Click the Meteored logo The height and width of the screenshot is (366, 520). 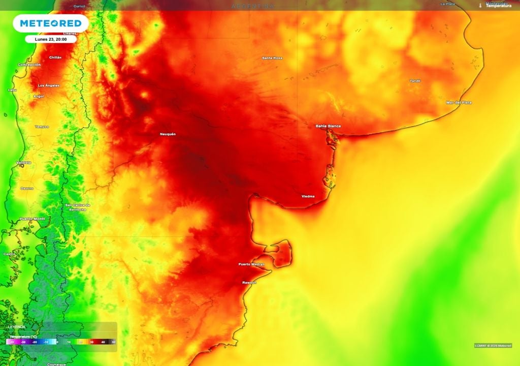(50, 23)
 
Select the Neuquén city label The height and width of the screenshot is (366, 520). (168, 134)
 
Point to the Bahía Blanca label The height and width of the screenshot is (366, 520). (328, 126)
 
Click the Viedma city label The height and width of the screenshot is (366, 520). (308, 196)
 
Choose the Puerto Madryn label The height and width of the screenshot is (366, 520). (252, 264)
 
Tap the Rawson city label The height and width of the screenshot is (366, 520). (249, 282)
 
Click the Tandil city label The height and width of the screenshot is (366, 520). (415, 81)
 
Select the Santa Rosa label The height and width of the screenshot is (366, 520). (272, 58)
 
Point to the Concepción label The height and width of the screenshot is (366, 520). (29, 65)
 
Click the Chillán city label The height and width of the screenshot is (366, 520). (55, 57)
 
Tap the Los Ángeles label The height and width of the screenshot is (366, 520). (49, 85)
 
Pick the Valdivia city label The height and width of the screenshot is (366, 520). (24, 163)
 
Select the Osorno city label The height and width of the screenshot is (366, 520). (27, 188)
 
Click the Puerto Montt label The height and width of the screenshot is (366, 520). (32, 219)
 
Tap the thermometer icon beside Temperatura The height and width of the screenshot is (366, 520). (480, 6)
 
